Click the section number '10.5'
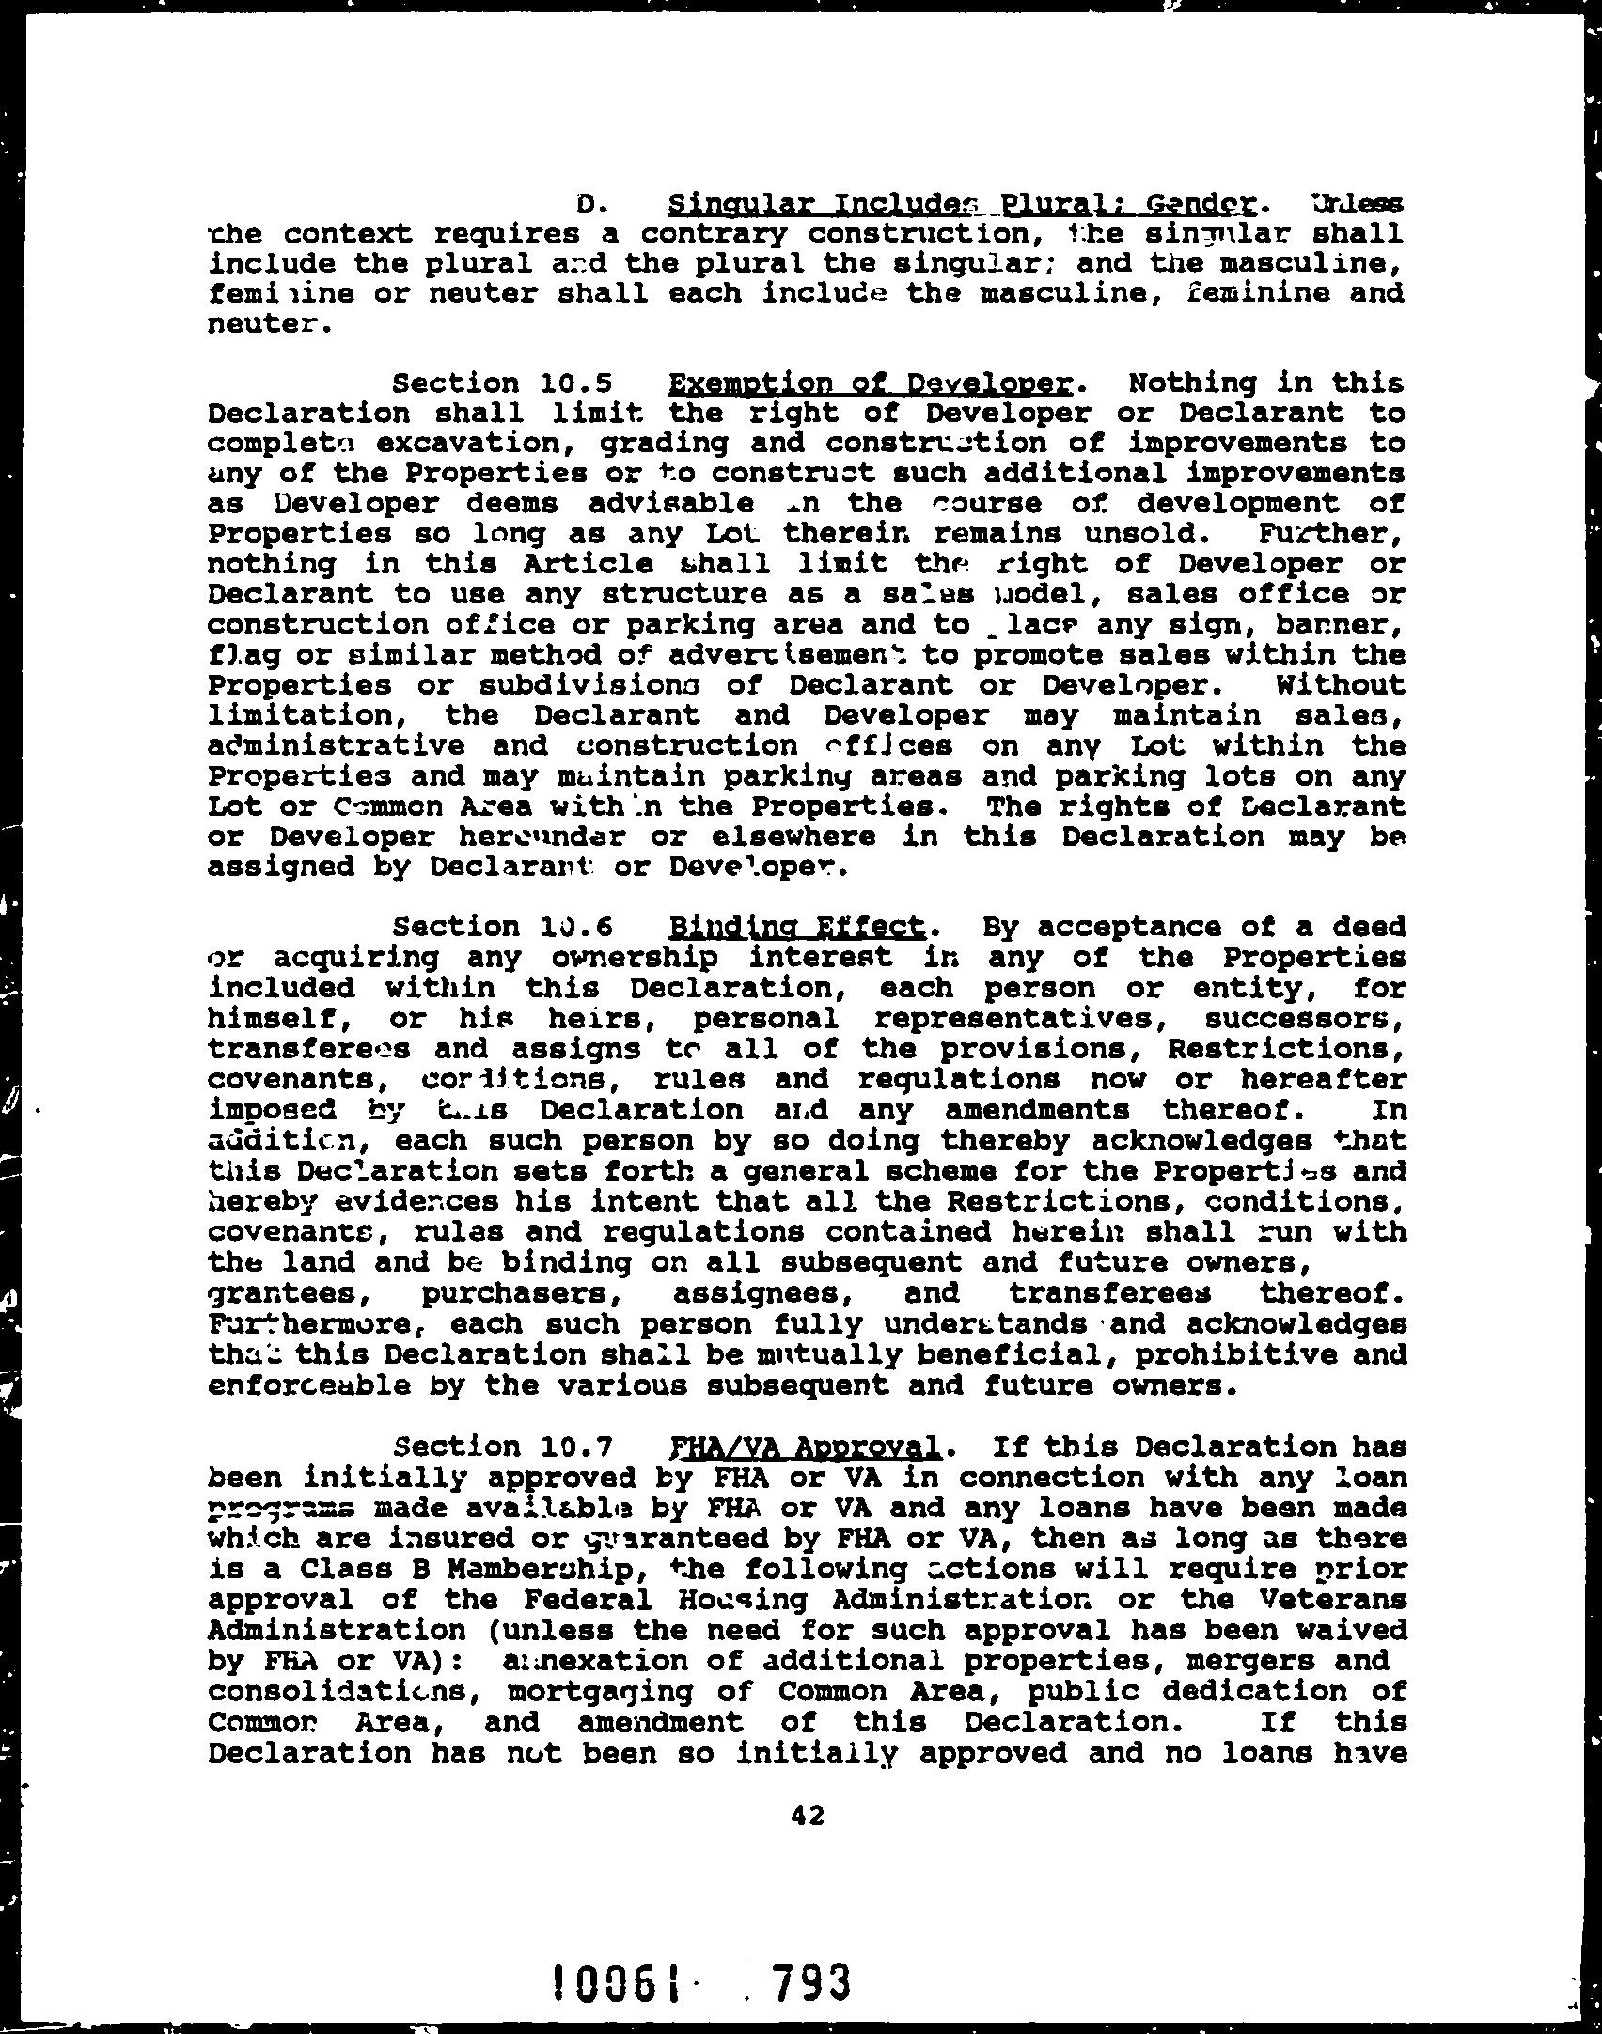[577, 383]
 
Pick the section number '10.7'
[577, 1447]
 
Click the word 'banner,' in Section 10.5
[1335, 624]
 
